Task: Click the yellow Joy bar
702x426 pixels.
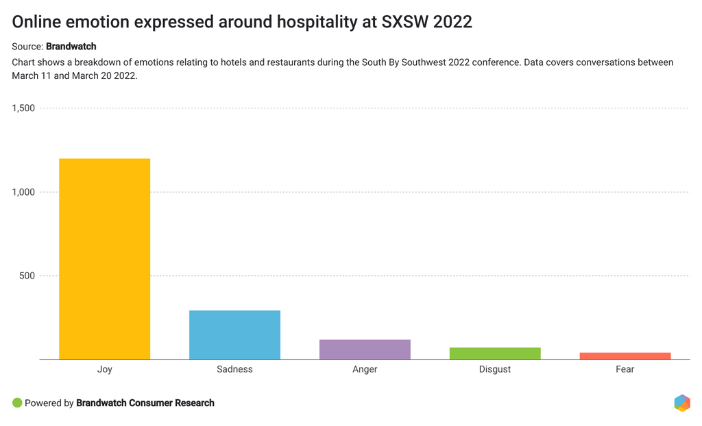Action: (104, 259)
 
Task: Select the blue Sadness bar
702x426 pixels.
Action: (234, 335)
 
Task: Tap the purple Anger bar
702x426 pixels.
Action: (365, 349)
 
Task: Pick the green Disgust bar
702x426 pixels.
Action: (495, 353)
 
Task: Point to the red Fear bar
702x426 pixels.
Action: (625, 356)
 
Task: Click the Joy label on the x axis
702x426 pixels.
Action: (104, 369)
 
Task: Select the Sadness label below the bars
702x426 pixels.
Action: (234, 369)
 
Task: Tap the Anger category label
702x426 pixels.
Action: (365, 369)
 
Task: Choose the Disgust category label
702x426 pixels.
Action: (495, 369)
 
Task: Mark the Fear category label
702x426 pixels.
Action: (625, 369)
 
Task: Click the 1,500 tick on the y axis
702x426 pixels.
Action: (23, 108)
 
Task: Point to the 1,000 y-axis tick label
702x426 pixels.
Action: (23, 192)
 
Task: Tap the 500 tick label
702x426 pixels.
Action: (27, 276)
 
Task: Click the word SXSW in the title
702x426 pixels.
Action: (404, 22)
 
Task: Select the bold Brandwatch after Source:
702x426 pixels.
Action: (71, 47)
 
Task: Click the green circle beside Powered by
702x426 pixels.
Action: (17, 403)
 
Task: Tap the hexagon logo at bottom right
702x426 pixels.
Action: (681, 403)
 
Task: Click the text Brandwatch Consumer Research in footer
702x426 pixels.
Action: (145, 403)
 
